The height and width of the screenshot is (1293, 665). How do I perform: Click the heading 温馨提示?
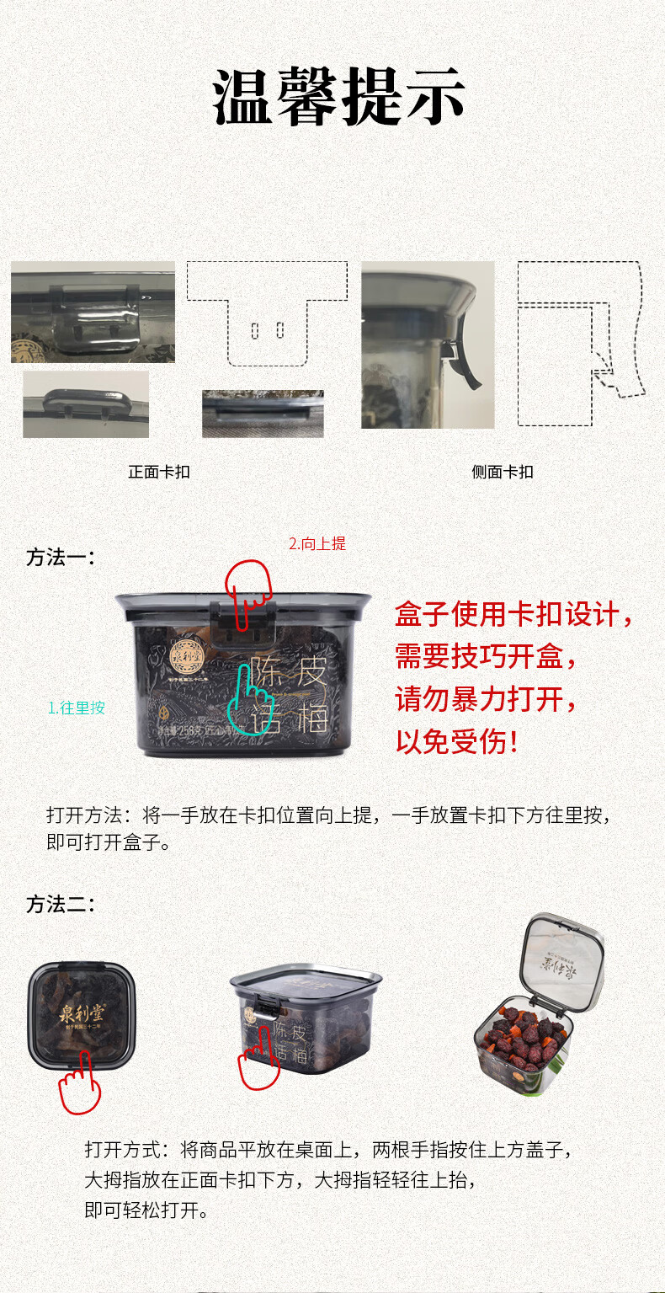click(x=338, y=97)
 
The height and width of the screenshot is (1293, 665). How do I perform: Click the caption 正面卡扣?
click(x=159, y=473)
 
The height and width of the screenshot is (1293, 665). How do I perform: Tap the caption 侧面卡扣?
click(x=503, y=473)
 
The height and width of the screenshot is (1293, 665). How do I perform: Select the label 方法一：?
click(x=61, y=558)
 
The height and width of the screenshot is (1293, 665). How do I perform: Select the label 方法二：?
click(x=61, y=905)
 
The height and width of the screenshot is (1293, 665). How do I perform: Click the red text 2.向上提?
click(x=317, y=544)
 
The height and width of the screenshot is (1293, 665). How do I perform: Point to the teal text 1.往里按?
click(x=77, y=708)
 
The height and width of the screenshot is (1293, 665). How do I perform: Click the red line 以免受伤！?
click(x=457, y=742)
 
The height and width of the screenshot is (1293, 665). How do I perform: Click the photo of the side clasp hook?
click(x=428, y=345)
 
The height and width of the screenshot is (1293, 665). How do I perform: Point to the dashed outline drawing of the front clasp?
click(x=267, y=313)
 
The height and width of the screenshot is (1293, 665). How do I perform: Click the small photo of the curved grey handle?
click(x=86, y=404)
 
